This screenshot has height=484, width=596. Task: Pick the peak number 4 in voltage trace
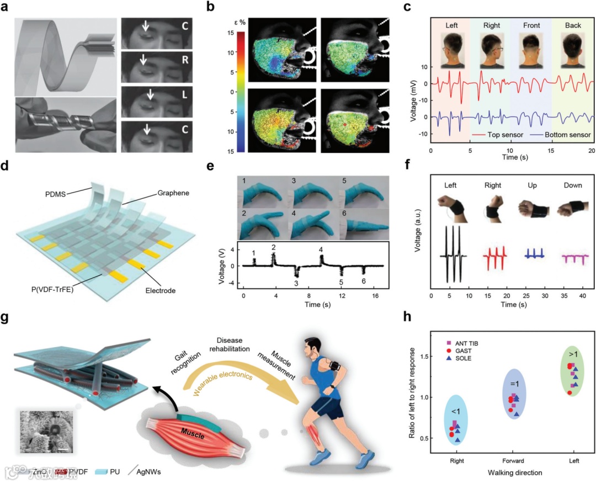(321, 249)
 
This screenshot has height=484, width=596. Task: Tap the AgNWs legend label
(151, 472)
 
